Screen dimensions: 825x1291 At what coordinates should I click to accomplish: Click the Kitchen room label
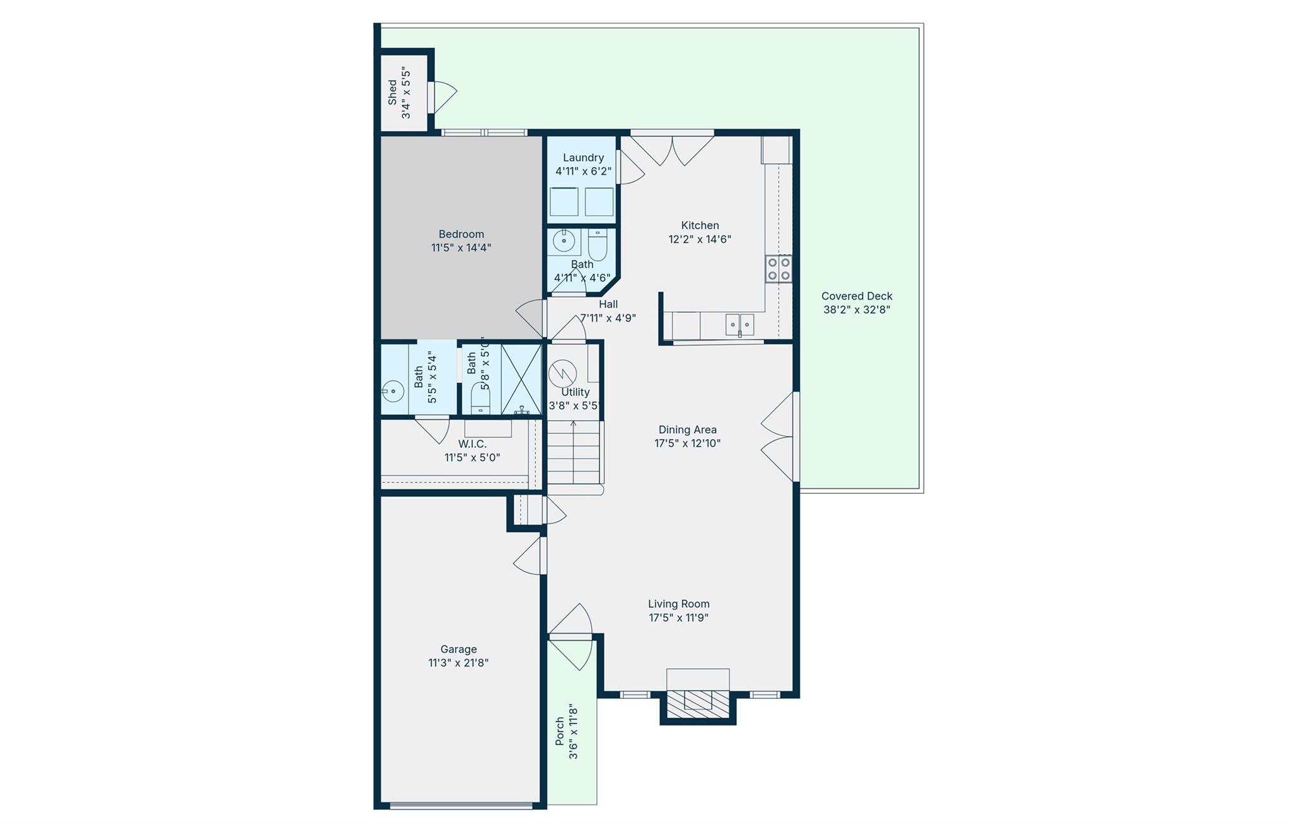[x=700, y=225]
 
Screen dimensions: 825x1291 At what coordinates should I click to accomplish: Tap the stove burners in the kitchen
[x=779, y=269]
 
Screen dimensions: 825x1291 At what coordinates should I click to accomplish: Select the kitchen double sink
[x=739, y=325]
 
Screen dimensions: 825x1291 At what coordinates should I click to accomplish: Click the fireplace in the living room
[x=698, y=700]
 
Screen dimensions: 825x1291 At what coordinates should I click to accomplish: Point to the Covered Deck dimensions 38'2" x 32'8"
[x=857, y=310]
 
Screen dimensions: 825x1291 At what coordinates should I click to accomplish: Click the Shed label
[x=393, y=93]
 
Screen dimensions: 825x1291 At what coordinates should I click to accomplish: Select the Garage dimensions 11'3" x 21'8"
[x=458, y=663]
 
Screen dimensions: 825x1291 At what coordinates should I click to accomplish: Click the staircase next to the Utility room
[x=573, y=452]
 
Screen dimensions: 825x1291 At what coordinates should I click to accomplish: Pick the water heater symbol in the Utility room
[x=562, y=373]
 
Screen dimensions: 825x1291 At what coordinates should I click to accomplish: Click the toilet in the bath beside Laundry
[x=597, y=245]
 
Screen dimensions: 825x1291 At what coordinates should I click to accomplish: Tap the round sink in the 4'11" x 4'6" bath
[x=564, y=241]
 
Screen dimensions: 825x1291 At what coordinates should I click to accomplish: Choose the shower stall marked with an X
[x=521, y=378]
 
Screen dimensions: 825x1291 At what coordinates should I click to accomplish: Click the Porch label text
[x=559, y=732]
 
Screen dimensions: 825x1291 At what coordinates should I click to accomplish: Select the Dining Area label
[x=687, y=430]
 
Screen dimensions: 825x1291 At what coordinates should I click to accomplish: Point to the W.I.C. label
[x=472, y=444]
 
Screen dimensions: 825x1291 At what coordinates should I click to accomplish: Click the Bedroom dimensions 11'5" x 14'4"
[x=461, y=248]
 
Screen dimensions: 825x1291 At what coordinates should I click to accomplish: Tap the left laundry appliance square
[x=564, y=202]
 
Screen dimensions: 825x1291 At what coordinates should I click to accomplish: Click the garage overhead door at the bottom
[x=461, y=805]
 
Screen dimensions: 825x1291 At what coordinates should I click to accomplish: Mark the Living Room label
[x=678, y=604]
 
